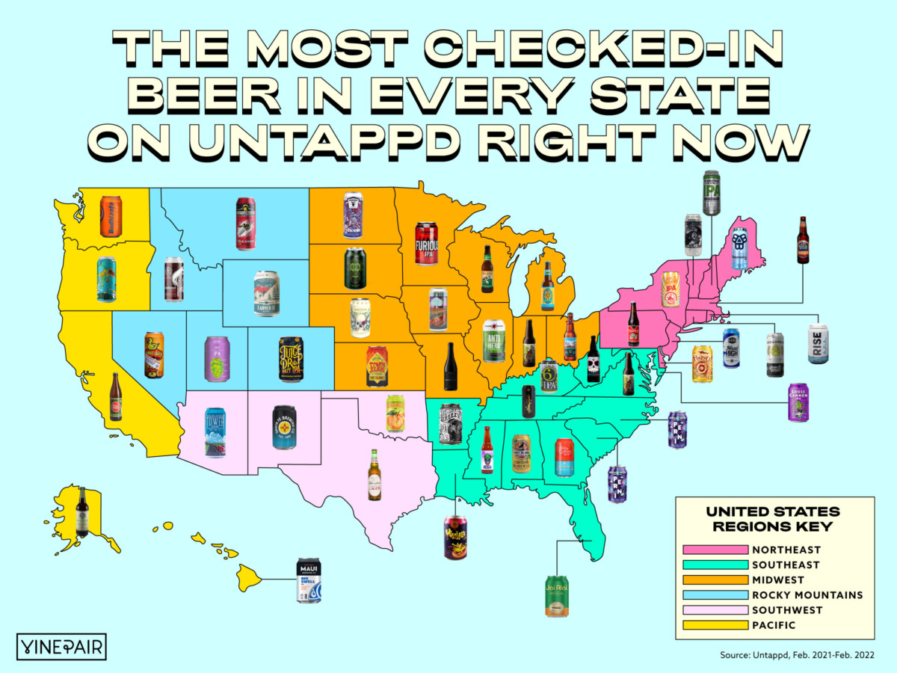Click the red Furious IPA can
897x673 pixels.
click(426, 242)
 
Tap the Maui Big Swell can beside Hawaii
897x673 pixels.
click(309, 580)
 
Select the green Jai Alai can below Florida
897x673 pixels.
click(557, 596)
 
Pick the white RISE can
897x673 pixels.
click(819, 343)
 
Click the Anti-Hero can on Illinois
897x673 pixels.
click(494, 341)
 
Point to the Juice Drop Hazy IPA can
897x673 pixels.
click(291, 360)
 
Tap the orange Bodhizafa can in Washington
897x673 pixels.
click(111, 217)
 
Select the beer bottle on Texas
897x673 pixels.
click(374, 475)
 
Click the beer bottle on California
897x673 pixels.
click(115, 397)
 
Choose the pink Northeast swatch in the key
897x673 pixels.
click(705, 550)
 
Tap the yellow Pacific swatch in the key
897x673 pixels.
click(705, 625)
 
